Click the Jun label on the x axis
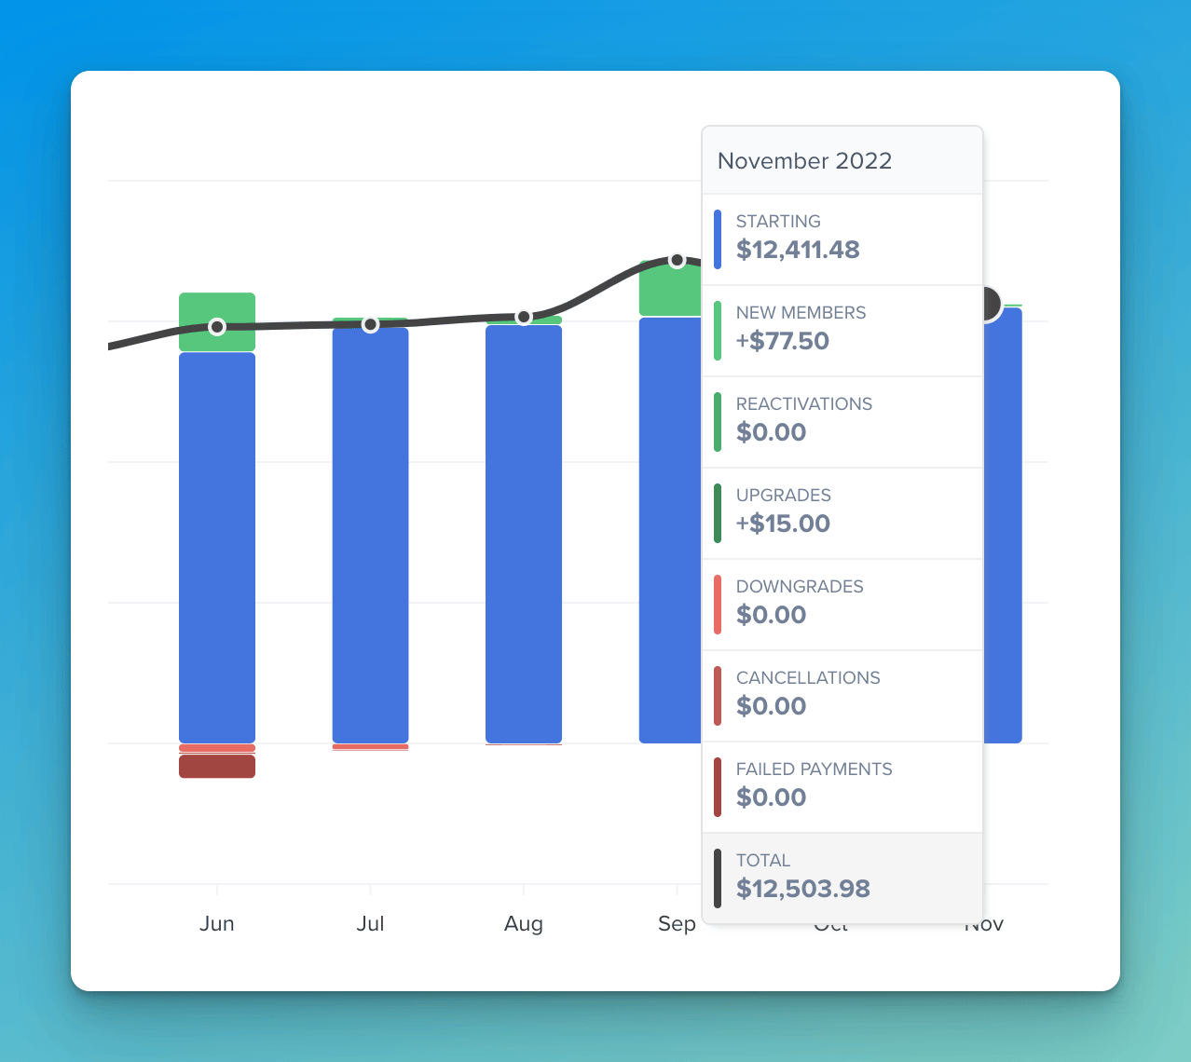pos(217,923)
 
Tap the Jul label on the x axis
pos(370,923)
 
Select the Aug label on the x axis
pos(524,923)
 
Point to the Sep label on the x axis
pos(676,923)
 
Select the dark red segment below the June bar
pos(217,767)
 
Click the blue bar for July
pos(370,536)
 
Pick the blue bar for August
pos(524,536)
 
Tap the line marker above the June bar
pos(217,327)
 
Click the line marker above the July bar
pos(370,324)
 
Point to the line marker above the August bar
pos(524,317)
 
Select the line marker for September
pos(678,260)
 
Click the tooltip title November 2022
pos(804,161)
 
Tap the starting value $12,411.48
pos(798,250)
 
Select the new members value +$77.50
pos(782,341)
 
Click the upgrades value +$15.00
pos(783,524)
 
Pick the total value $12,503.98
pos(802,889)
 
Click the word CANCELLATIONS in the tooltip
pos(808,678)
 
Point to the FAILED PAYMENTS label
pos(814,769)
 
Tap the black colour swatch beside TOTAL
pos(718,878)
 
